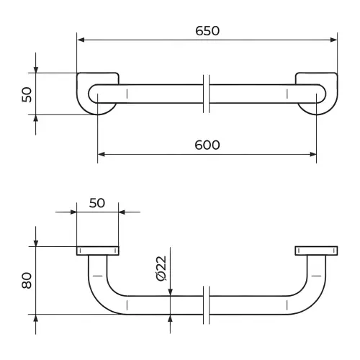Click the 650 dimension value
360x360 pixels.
pyautogui.click(x=207, y=31)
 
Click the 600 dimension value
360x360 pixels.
pyautogui.click(x=207, y=145)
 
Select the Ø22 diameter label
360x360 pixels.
pyautogui.click(x=161, y=269)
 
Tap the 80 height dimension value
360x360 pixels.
pyautogui.click(x=27, y=280)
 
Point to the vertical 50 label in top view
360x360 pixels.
pyautogui.click(x=27, y=95)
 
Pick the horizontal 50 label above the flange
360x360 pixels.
pyautogui.click(x=97, y=203)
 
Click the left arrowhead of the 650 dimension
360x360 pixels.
pyautogui.click(x=81, y=40)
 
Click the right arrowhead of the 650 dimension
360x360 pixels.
pyautogui.click(x=333, y=40)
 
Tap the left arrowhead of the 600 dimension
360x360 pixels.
pyautogui.click(x=102, y=154)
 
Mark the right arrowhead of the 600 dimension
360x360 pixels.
pyautogui.click(x=313, y=154)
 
